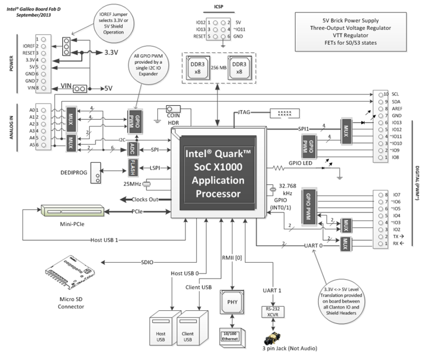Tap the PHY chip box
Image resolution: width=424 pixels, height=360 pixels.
coord(232,301)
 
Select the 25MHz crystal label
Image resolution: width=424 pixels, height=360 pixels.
coord(133,184)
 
